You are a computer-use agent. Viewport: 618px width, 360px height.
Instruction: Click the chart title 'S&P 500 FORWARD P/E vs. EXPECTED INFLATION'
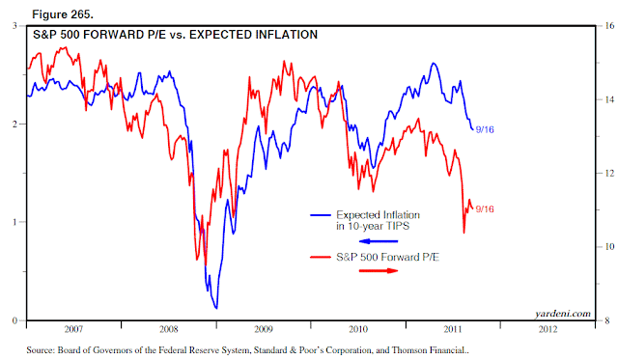175,35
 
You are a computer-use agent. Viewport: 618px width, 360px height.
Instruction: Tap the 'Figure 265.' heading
63,14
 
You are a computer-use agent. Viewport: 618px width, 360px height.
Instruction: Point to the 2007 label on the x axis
73,329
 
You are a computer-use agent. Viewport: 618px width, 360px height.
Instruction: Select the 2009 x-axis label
264,329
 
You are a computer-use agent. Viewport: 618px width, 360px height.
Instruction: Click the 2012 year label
548,329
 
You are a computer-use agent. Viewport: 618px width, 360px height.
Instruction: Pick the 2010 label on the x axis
358,329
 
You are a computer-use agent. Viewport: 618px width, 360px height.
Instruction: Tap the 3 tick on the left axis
15,26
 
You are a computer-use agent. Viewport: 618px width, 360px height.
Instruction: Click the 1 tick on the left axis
15,222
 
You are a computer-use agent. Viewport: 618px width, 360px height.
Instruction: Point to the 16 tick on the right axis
609,26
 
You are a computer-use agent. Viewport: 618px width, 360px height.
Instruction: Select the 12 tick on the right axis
609,174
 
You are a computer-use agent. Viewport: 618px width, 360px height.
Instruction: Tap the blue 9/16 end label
485,129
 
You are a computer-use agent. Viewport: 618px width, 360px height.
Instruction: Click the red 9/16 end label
485,209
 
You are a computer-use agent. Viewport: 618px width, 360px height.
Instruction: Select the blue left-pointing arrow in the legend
379,241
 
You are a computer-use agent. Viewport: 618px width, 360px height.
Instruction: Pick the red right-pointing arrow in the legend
379,270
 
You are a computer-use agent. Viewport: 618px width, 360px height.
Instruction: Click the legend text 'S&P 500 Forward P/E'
387,257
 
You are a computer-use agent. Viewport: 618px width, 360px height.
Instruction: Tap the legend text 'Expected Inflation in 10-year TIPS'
378,221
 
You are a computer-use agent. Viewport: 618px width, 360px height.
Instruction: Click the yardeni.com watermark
563,314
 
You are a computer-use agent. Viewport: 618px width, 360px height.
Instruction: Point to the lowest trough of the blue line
216,308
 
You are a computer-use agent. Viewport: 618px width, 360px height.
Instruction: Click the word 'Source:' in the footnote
41,350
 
